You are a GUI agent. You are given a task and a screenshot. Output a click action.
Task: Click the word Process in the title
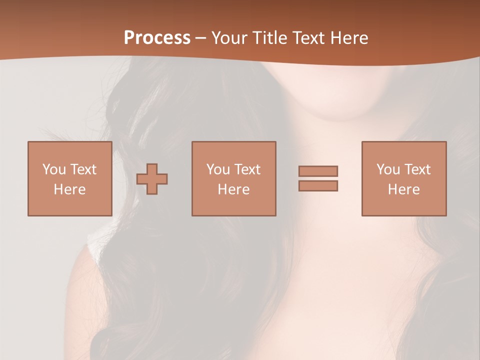tap(157, 38)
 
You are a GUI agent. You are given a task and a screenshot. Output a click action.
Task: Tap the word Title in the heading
tap(271, 38)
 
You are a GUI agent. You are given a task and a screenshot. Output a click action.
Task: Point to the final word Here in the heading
tap(350, 38)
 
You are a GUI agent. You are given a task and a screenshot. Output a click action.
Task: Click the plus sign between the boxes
tap(152, 179)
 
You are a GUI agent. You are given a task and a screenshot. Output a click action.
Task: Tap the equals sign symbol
tap(318, 178)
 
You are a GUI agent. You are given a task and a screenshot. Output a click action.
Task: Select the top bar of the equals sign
tap(318, 171)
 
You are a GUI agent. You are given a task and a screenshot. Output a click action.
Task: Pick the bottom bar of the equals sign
tap(318, 185)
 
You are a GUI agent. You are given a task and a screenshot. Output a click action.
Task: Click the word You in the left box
tap(54, 169)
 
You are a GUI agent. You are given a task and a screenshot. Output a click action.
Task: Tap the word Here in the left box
tap(70, 189)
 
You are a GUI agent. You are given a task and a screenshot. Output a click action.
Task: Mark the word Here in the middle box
tap(234, 189)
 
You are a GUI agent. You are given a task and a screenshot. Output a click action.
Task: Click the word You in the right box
tap(388, 169)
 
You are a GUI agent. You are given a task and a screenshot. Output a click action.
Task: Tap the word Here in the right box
tap(404, 189)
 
